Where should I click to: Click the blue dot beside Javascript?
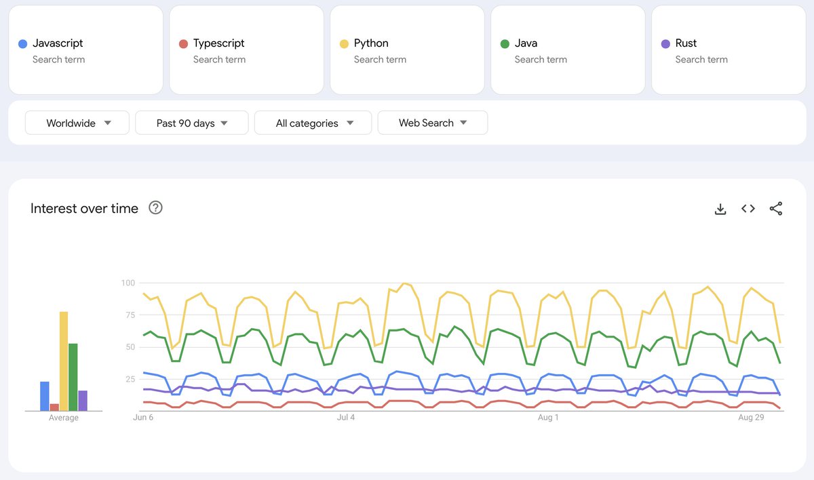tap(22, 44)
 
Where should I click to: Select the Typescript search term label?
tap(218, 43)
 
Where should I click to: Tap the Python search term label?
tap(371, 43)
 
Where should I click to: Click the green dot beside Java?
tap(505, 44)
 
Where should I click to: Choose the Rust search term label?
tap(686, 43)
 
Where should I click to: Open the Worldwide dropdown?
tap(77, 123)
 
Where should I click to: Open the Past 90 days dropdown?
tap(192, 123)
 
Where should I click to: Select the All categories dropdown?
tap(313, 123)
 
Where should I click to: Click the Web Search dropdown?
tap(433, 123)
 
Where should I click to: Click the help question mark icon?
tap(155, 207)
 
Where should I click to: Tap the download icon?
tap(720, 209)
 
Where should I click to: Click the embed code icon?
tap(748, 209)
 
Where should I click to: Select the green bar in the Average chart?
tap(73, 377)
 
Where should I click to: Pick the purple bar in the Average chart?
tap(83, 400)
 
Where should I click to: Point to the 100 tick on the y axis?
tap(128, 283)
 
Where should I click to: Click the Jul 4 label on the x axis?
tap(346, 418)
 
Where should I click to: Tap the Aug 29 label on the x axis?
tap(751, 418)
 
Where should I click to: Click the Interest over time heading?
tap(84, 208)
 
